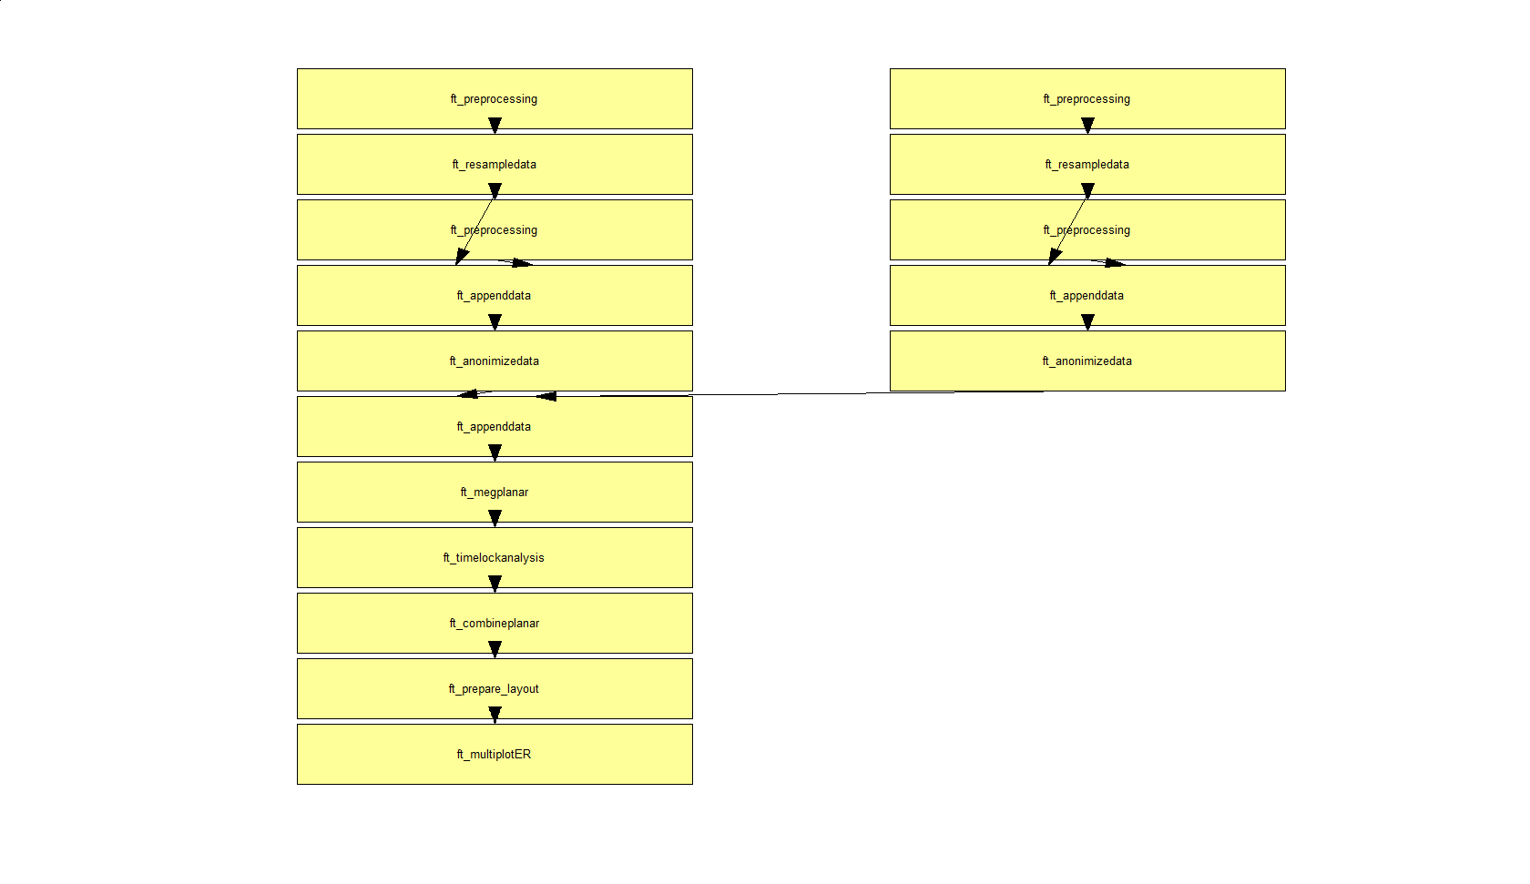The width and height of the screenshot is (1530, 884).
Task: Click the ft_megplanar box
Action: click(x=495, y=493)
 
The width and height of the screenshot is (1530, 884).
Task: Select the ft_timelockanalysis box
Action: click(x=495, y=558)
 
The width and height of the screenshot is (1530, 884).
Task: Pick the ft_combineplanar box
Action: click(x=495, y=624)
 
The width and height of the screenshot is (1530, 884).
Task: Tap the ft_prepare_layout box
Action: click(x=495, y=689)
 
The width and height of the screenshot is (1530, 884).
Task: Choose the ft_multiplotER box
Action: click(x=495, y=755)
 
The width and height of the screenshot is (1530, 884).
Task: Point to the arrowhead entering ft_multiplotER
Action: click(x=495, y=716)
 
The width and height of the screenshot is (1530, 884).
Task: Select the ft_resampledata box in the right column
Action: click(x=1087, y=165)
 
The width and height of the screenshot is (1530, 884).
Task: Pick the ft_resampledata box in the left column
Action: click(x=495, y=165)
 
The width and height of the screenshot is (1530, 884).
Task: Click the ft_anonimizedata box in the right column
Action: click(x=1087, y=361)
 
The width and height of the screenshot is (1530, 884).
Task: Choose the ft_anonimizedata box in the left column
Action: click(x=495, y=361)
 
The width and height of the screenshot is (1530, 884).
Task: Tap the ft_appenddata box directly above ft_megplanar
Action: click(x=495, y=427)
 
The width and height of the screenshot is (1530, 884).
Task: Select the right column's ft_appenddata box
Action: click(x=1087, y=296)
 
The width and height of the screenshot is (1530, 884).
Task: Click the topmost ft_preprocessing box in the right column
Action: click(x=1087, y=99)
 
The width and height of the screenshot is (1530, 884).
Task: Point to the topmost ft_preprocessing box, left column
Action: click(x=495, y=99)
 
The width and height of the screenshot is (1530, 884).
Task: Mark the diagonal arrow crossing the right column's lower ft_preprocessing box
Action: click(x=1068, y=230)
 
